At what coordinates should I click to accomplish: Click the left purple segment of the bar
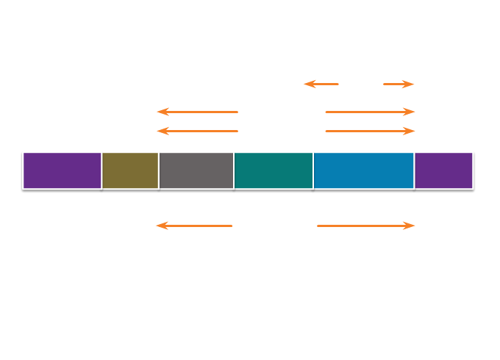coord(62,170)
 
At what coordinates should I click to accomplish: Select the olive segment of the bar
coord(130,170)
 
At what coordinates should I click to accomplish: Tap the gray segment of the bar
coord(196,170)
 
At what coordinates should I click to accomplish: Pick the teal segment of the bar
coord(274,170)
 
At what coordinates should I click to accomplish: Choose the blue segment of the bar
coord(363,170)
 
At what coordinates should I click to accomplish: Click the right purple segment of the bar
coord(443,170)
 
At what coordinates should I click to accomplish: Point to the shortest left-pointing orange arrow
coord(321,84)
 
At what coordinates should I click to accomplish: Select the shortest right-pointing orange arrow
coord(399,84)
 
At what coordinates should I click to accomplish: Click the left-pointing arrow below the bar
coord(194,226)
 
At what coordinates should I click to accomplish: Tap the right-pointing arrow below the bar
coord(366,226)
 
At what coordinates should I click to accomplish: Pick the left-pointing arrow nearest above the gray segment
coord(198,131)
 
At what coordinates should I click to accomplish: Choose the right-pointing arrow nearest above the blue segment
coord(371,131)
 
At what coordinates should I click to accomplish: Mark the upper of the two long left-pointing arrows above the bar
coord(198,112)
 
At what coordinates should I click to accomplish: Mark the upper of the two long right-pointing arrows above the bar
coord(371,112)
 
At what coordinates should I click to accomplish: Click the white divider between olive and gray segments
coord(159,170)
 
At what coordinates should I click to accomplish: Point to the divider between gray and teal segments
coord(234,170)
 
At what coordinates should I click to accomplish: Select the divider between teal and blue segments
coord(313,170)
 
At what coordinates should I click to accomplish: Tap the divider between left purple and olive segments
coord(101,170)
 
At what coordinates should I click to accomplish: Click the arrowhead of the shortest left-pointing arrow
coord(307,84)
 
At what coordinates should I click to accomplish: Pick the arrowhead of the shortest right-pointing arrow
coord(411,84)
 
